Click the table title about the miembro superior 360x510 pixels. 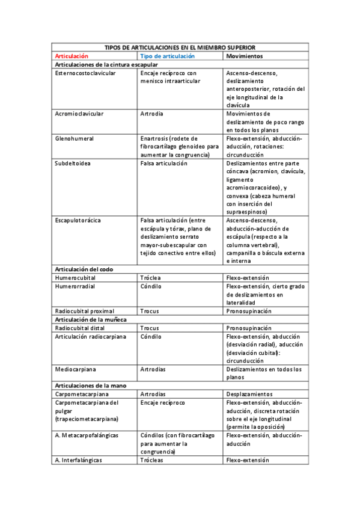point(180,47)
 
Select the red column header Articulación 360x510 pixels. point(71,56)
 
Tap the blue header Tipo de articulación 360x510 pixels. point(167,56)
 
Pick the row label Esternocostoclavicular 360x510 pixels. point(85,73)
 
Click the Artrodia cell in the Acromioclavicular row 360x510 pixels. point(151,113)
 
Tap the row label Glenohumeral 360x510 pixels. point(74,138)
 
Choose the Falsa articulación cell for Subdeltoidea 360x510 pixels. point(163,163)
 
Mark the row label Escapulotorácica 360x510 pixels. point(78,220)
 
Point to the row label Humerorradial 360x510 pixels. point(75,286)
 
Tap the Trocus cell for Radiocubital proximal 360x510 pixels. point(149,311)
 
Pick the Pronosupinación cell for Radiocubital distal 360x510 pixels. point(248,328)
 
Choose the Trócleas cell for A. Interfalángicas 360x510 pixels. point(151,460)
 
